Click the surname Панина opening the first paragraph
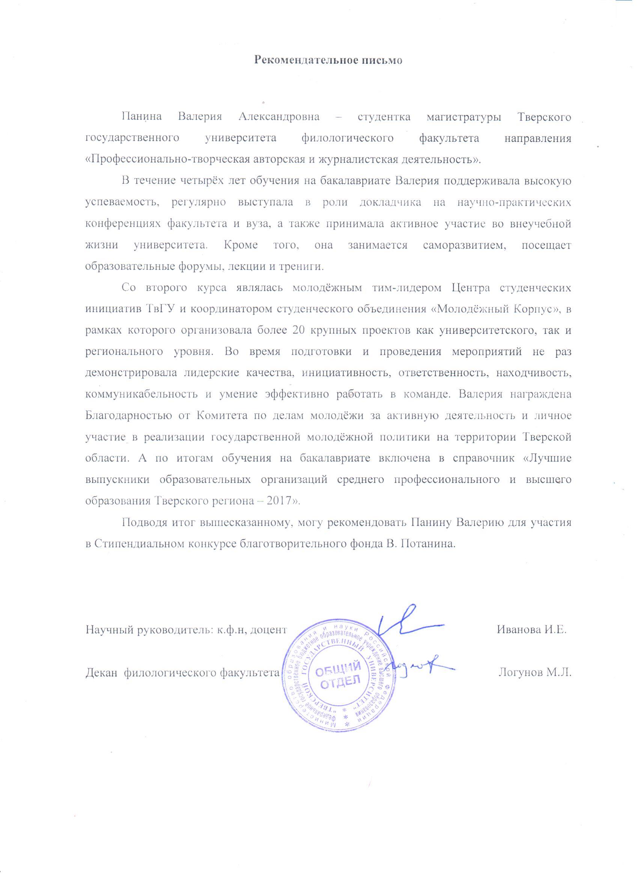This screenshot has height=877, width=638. click(141, 117)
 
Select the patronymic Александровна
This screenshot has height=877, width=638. click(279, 117)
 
